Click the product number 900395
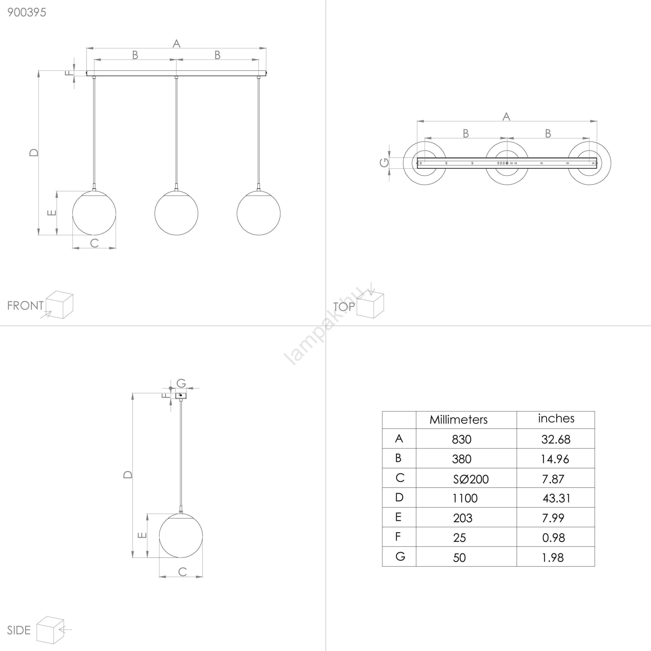pyautogui.click(x=27, y=13)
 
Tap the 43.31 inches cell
pyautogui.click(x=556, y=498)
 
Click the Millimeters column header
pyautogui.click(x=459, y=419)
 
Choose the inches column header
pyautogui.click(x=556, y=418)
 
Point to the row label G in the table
pyautogui.click(x=400, y=556)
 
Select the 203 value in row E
pyautogui.click(x=463, y=518)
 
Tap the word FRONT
pyautogui.click(x=25, y=306)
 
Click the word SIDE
pyautogui.click(x=19, y=630)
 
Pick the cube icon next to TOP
pyautogui.click(x=370, y=304)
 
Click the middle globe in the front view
pyautogui.click(x=176, y=213)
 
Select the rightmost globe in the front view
pyautogui.click(x=258, y=213)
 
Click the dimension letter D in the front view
pyautogui.click(x=34, y=153)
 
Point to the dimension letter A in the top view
pyautogui.click(x=507, y=116)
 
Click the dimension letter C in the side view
pyautogui.click(x=182, y=572)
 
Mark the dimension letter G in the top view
pyautogui.click(x=384, y=163)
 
